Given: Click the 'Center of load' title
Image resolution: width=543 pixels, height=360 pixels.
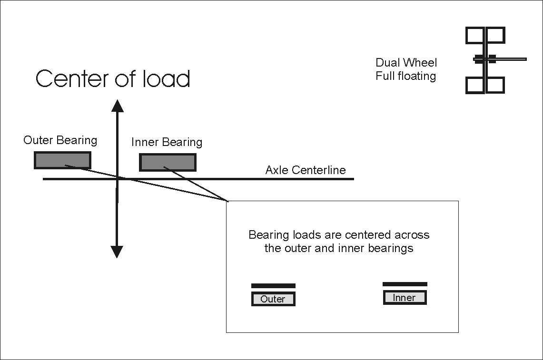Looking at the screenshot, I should tap(113, 78).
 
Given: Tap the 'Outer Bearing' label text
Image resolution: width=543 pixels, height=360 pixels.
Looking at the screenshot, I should tap(60, 140).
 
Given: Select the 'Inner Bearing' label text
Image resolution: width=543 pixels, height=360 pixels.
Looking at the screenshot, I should tap(167, 142).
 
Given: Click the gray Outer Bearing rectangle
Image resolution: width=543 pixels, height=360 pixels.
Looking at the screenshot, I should tap(62, 160).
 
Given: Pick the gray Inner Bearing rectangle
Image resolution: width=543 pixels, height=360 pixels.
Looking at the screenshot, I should tap(168, 162).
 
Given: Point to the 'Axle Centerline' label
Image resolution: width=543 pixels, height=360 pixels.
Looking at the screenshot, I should tap(306, 170).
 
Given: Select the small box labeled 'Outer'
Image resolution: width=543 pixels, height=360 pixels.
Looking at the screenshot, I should tap(273, 299).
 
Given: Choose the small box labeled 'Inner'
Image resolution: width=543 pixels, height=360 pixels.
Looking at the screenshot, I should tap(405, 298).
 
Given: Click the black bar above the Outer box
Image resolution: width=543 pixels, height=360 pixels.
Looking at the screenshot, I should tap(273, 286).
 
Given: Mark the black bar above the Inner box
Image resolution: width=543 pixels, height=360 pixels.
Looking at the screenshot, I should tap(405, 284).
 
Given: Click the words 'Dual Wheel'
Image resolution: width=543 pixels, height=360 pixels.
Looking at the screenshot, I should tap(406, 63).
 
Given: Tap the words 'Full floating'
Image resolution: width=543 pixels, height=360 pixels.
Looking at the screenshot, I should tap(405, 76).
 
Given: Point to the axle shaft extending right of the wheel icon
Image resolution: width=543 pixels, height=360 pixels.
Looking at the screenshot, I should tap(512, 59).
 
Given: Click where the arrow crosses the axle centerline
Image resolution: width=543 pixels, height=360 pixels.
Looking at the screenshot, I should tap(117, 179).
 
